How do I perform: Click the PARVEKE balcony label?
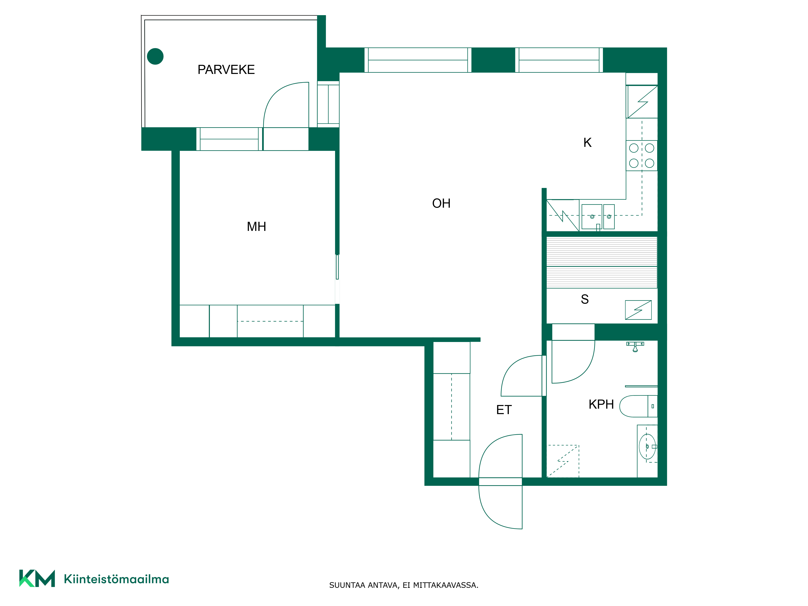tap(226, 69)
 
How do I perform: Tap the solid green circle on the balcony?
tap(155, 56)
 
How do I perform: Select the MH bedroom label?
tap(256, 226)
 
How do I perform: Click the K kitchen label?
tap(587, 142)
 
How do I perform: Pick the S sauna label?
tap(585, 299)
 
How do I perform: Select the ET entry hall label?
tap(504, 410)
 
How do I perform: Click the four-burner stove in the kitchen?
tap(642, 156)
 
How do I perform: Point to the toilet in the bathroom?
tap(639, 406)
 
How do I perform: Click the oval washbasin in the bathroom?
tap(647, 446)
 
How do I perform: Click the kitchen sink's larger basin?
tap(592, 217)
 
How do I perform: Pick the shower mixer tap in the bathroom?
tap(635, 346)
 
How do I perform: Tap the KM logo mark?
tap(37, 578)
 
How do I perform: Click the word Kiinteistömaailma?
tap(117, 579)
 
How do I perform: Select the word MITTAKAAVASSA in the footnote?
tap(446, 585)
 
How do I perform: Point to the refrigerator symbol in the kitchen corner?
tap(642, 102)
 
